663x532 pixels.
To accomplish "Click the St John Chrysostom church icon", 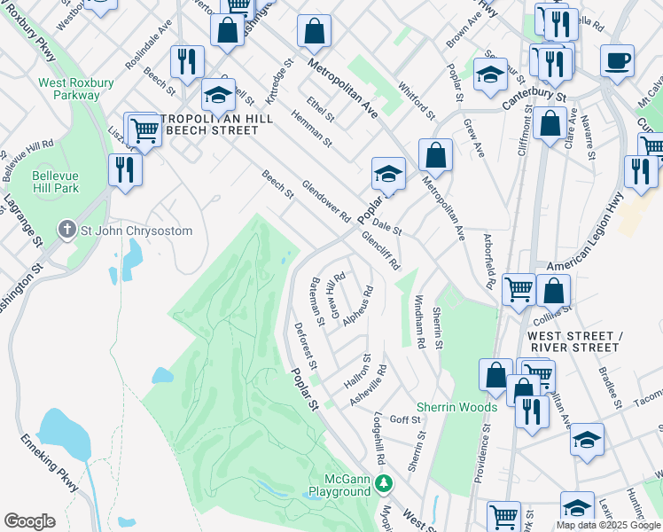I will point(66,231).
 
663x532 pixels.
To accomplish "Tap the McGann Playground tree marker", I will point(383,483).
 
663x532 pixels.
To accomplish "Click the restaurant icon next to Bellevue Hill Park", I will point(125,168).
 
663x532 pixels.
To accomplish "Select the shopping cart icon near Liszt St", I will point(144,131).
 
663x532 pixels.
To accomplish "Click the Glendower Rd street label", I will point(326,201).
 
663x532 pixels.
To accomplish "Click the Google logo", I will point(29,521).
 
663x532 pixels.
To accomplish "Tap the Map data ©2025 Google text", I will point(607,525).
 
